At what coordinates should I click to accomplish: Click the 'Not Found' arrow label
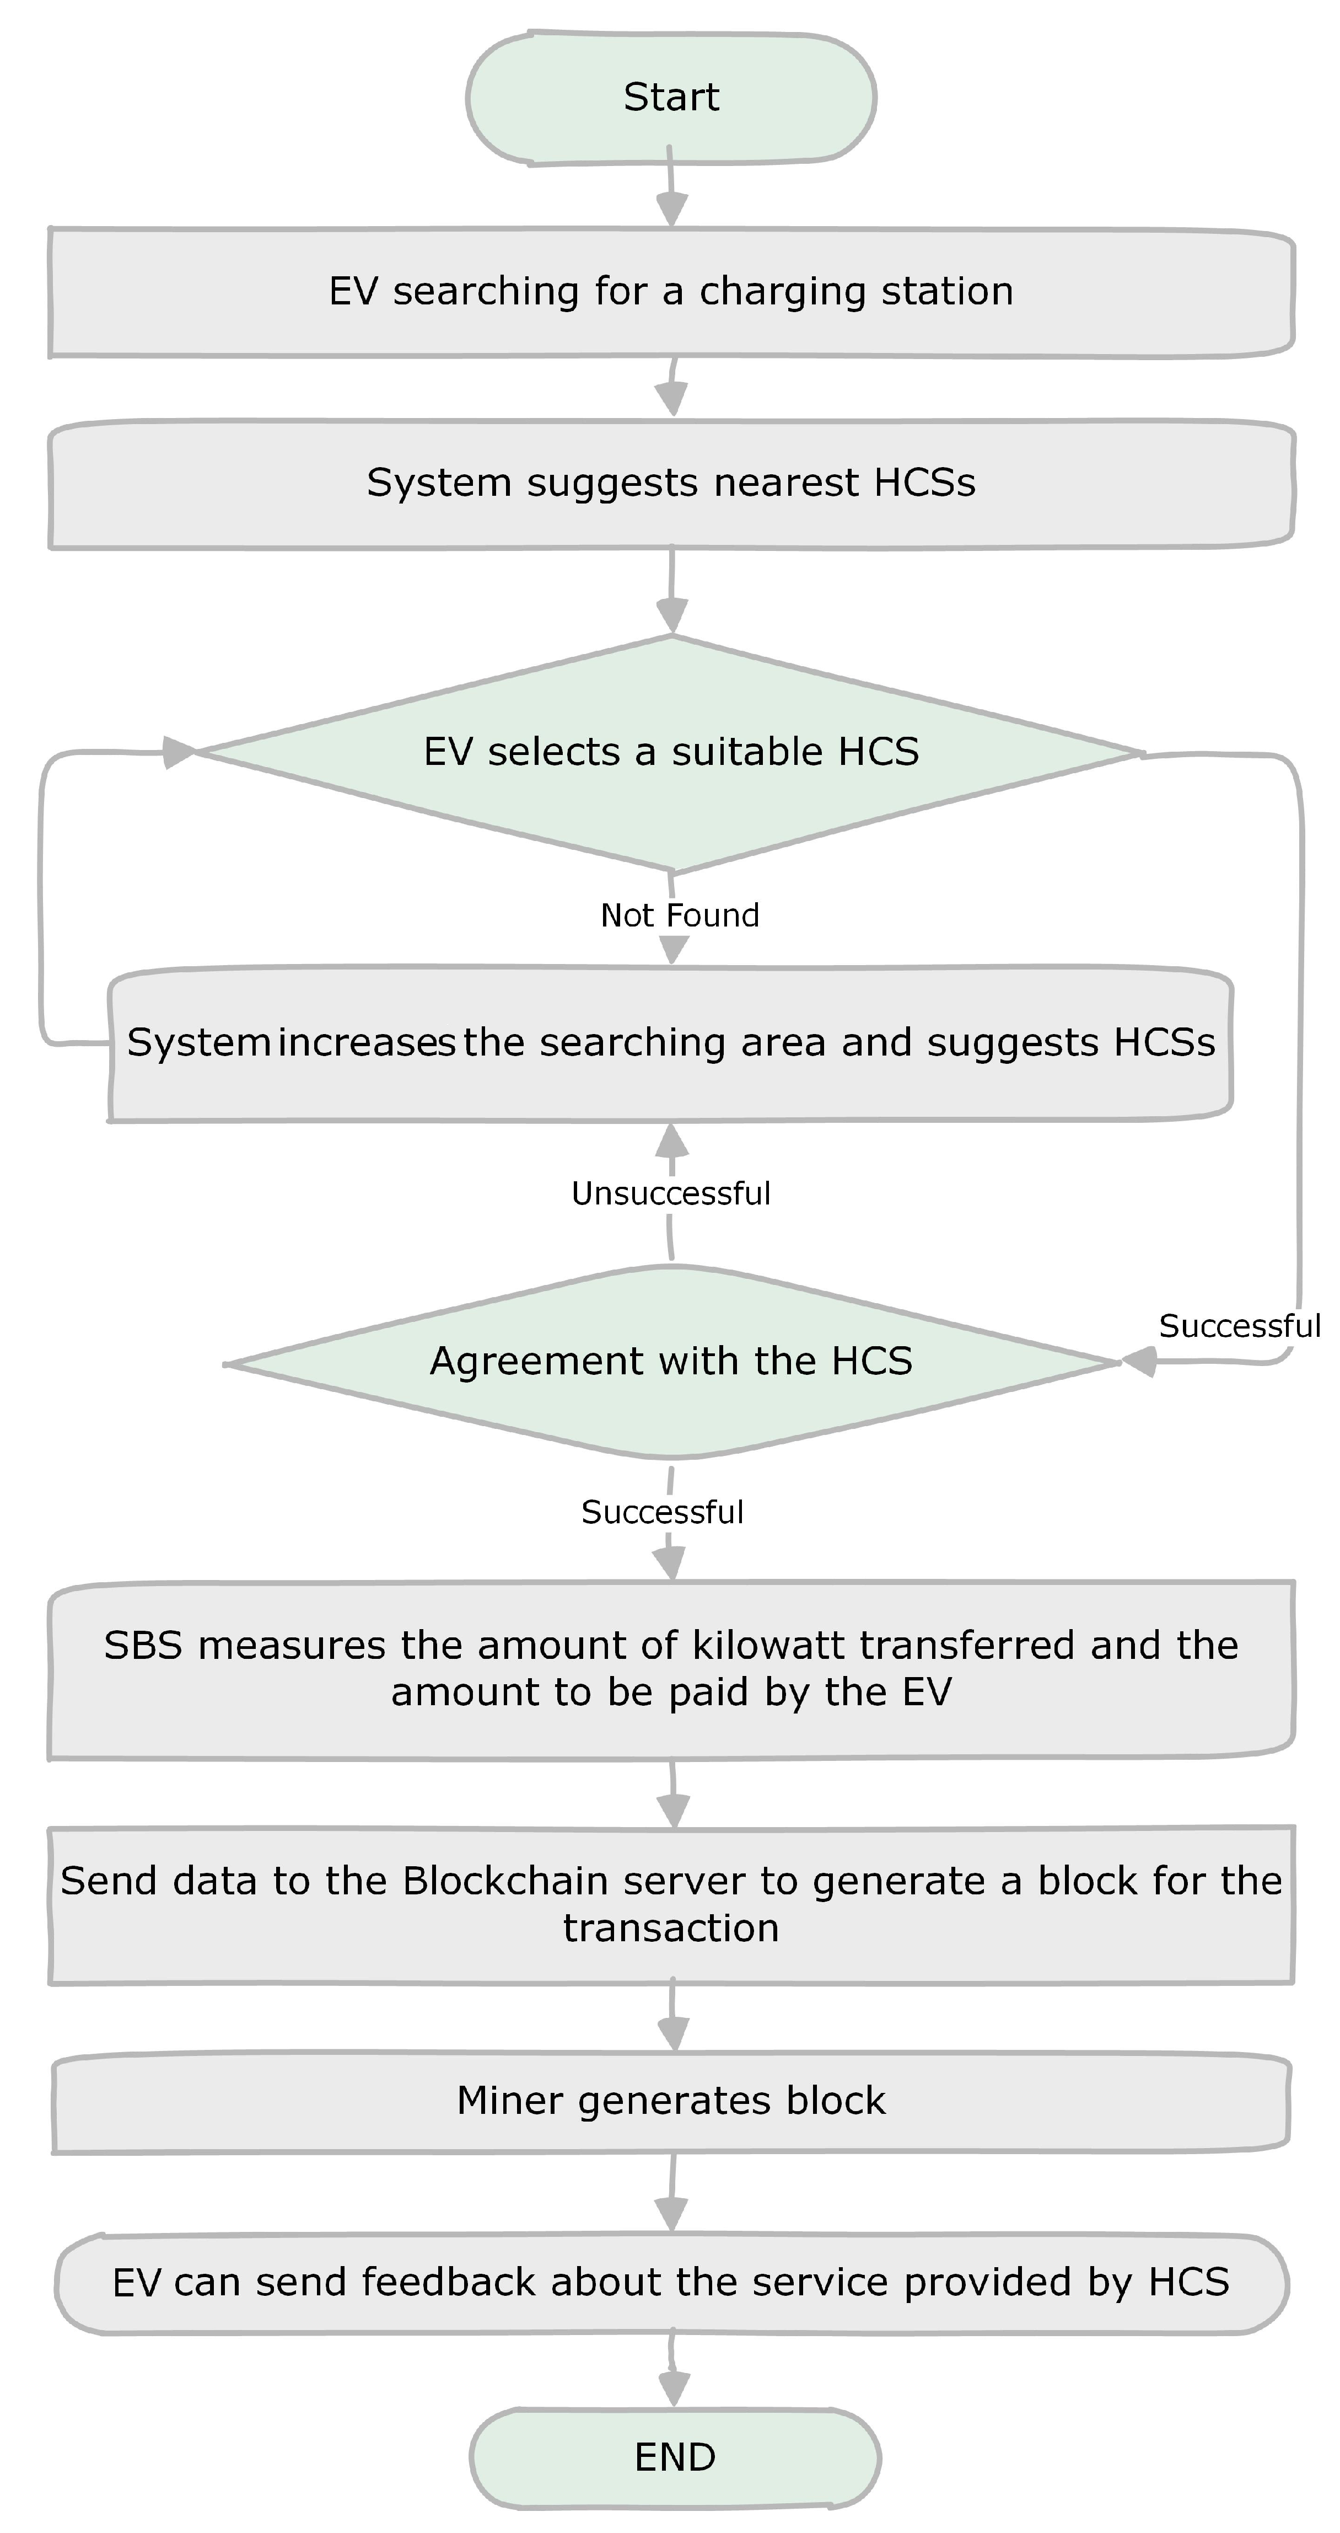pyautogui.click(x=679, y=915)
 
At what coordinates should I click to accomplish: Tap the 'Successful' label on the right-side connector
pyautogui.click(x=1239, y=1326)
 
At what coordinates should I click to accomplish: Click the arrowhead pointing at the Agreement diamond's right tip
pyautogui.click(x=1138, y=1362)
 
